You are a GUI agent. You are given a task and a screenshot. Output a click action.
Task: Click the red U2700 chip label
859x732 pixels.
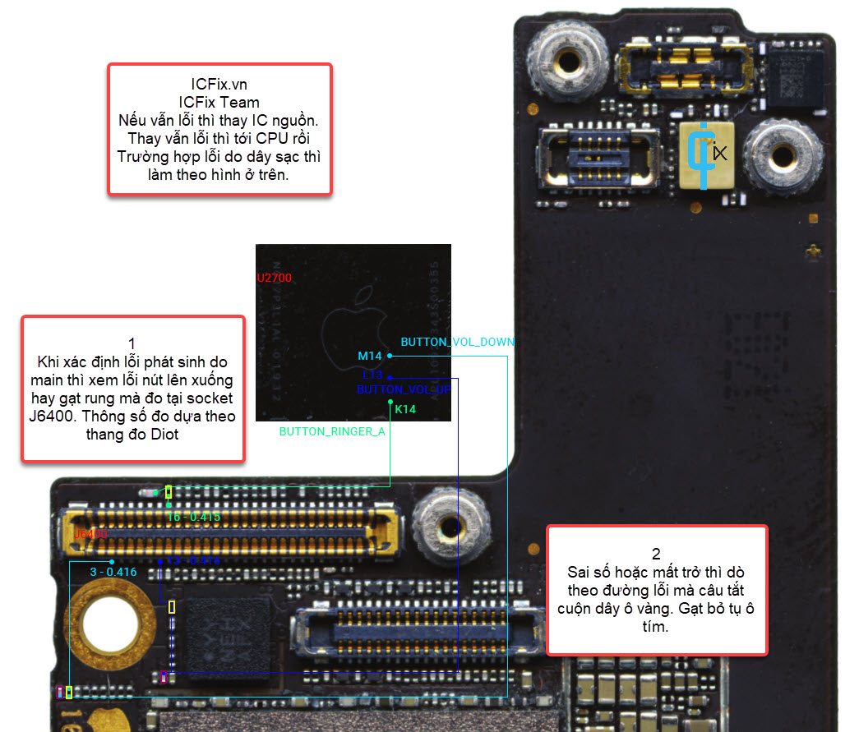[x=274, y=279]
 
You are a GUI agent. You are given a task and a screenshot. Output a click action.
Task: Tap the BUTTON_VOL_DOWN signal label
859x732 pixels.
[x=457, y=342]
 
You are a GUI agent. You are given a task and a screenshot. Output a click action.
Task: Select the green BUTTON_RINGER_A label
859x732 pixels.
[x=332, y=430]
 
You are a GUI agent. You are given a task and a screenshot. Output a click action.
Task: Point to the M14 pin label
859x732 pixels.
[x=370, y=356]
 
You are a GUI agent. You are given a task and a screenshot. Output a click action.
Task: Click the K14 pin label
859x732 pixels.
[x=405, y=409]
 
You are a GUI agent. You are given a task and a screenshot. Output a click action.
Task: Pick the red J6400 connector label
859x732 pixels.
[x=90, y=535]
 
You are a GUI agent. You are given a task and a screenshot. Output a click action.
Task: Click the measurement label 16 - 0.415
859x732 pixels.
[x=194, y=517]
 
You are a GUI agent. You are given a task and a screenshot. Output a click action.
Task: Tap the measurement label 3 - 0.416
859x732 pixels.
[x=113, y=571]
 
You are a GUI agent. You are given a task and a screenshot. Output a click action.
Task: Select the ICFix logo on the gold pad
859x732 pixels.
[x=706, y=153]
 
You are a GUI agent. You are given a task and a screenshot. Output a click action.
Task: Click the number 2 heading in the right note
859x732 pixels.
[x=656, y=554]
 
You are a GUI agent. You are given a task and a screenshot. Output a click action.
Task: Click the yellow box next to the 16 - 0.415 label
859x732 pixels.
[x=169, y=492]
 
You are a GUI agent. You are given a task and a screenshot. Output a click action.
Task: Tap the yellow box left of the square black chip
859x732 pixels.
[x=172, y=607]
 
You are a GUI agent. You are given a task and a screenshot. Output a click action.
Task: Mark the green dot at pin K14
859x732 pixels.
[x=390, y=403]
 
